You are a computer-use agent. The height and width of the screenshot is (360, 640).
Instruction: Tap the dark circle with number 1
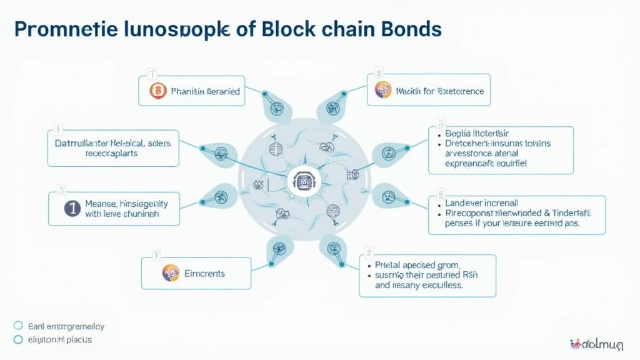[72, 209]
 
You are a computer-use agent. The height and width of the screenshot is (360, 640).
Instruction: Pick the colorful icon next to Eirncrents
[171, 273]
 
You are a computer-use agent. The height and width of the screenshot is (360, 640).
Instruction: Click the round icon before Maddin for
[383, 91]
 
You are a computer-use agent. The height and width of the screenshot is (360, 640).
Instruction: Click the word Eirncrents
[205, 274]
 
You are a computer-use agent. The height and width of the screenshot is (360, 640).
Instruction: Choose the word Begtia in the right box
[461, 133]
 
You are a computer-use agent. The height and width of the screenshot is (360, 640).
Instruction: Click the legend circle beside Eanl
[18, 326]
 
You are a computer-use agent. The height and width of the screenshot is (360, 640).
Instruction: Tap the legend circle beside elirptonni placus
[18, 340]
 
